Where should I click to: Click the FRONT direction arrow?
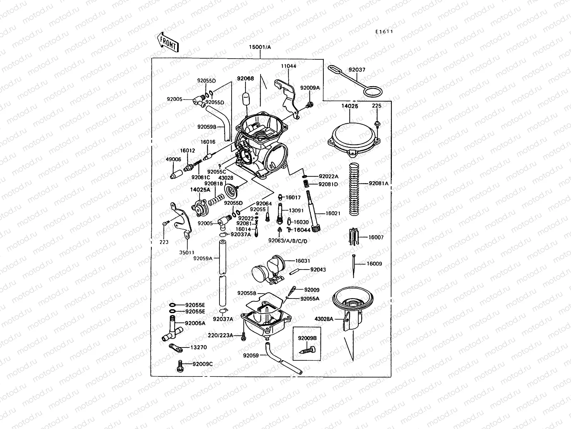coord(167,42)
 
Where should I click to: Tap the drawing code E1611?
coord(384,31)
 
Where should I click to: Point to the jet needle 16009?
coord(353,265)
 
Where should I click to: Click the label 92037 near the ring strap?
coord(357,70)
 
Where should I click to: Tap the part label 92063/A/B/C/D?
coord(288,241)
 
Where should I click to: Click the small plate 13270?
coord(176,347)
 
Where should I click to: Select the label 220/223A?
coord(221,335)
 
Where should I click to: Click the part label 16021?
coord(333,213)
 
